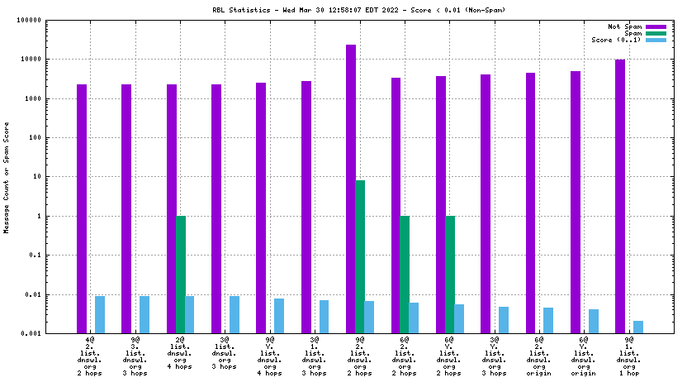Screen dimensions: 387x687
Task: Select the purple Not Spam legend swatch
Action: [x=656, y=26]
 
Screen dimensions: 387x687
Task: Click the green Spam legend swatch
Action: [x=656, y=33]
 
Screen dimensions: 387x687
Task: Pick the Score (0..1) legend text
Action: [x=616, y=40]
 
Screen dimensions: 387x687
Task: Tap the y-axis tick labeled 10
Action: [x=59, y=177]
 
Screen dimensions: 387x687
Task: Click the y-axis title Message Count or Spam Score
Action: [x=7, y=177]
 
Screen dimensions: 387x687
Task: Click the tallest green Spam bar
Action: [x=360, y=256]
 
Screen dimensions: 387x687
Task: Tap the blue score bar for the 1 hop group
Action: [x=638, y=327]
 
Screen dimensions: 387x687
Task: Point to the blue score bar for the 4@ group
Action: [x=100, y=314]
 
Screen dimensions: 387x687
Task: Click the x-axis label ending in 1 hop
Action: [x=629, y=356]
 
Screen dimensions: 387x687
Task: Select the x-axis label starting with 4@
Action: [x=90, y=356]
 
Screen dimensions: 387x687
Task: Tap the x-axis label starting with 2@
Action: [x=180, y=356]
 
